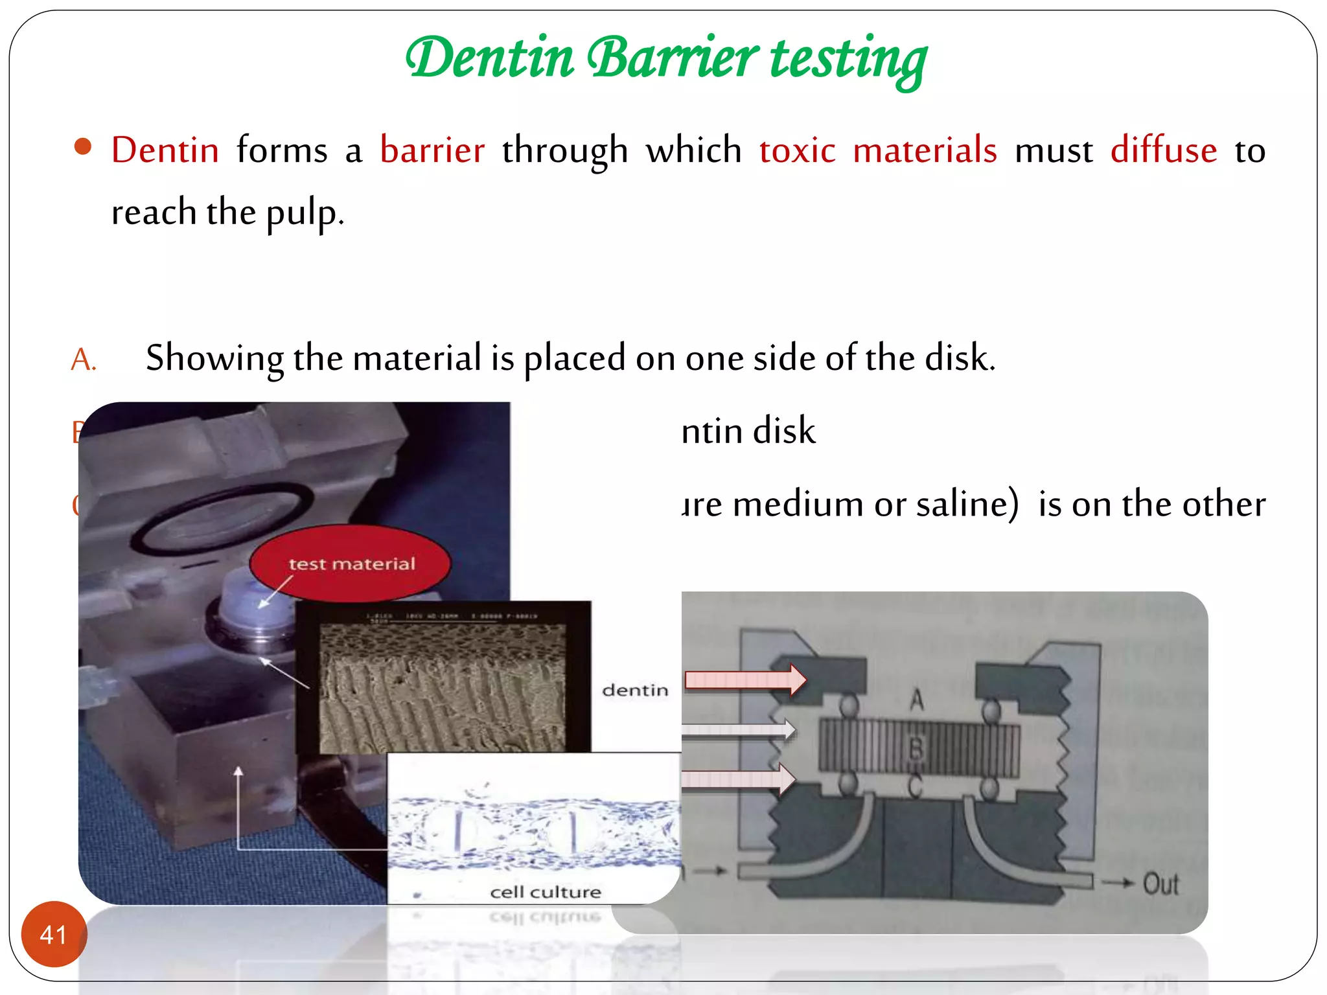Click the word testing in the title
pos(849,60)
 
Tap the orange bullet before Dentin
pos(83,147)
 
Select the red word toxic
pos(797,150)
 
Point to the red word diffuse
pos(1164,150)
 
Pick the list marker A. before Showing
pos(84,360)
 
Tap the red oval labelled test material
pos(350,563)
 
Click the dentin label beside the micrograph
pos(635,690)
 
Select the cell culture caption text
pos(546,892)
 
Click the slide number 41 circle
pos(54,934)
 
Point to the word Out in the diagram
pos(1160,884)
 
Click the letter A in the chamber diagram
pos(916,700)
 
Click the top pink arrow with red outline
pos(745,680)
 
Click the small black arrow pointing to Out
pos(1119,882)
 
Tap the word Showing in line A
pos(214,358)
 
